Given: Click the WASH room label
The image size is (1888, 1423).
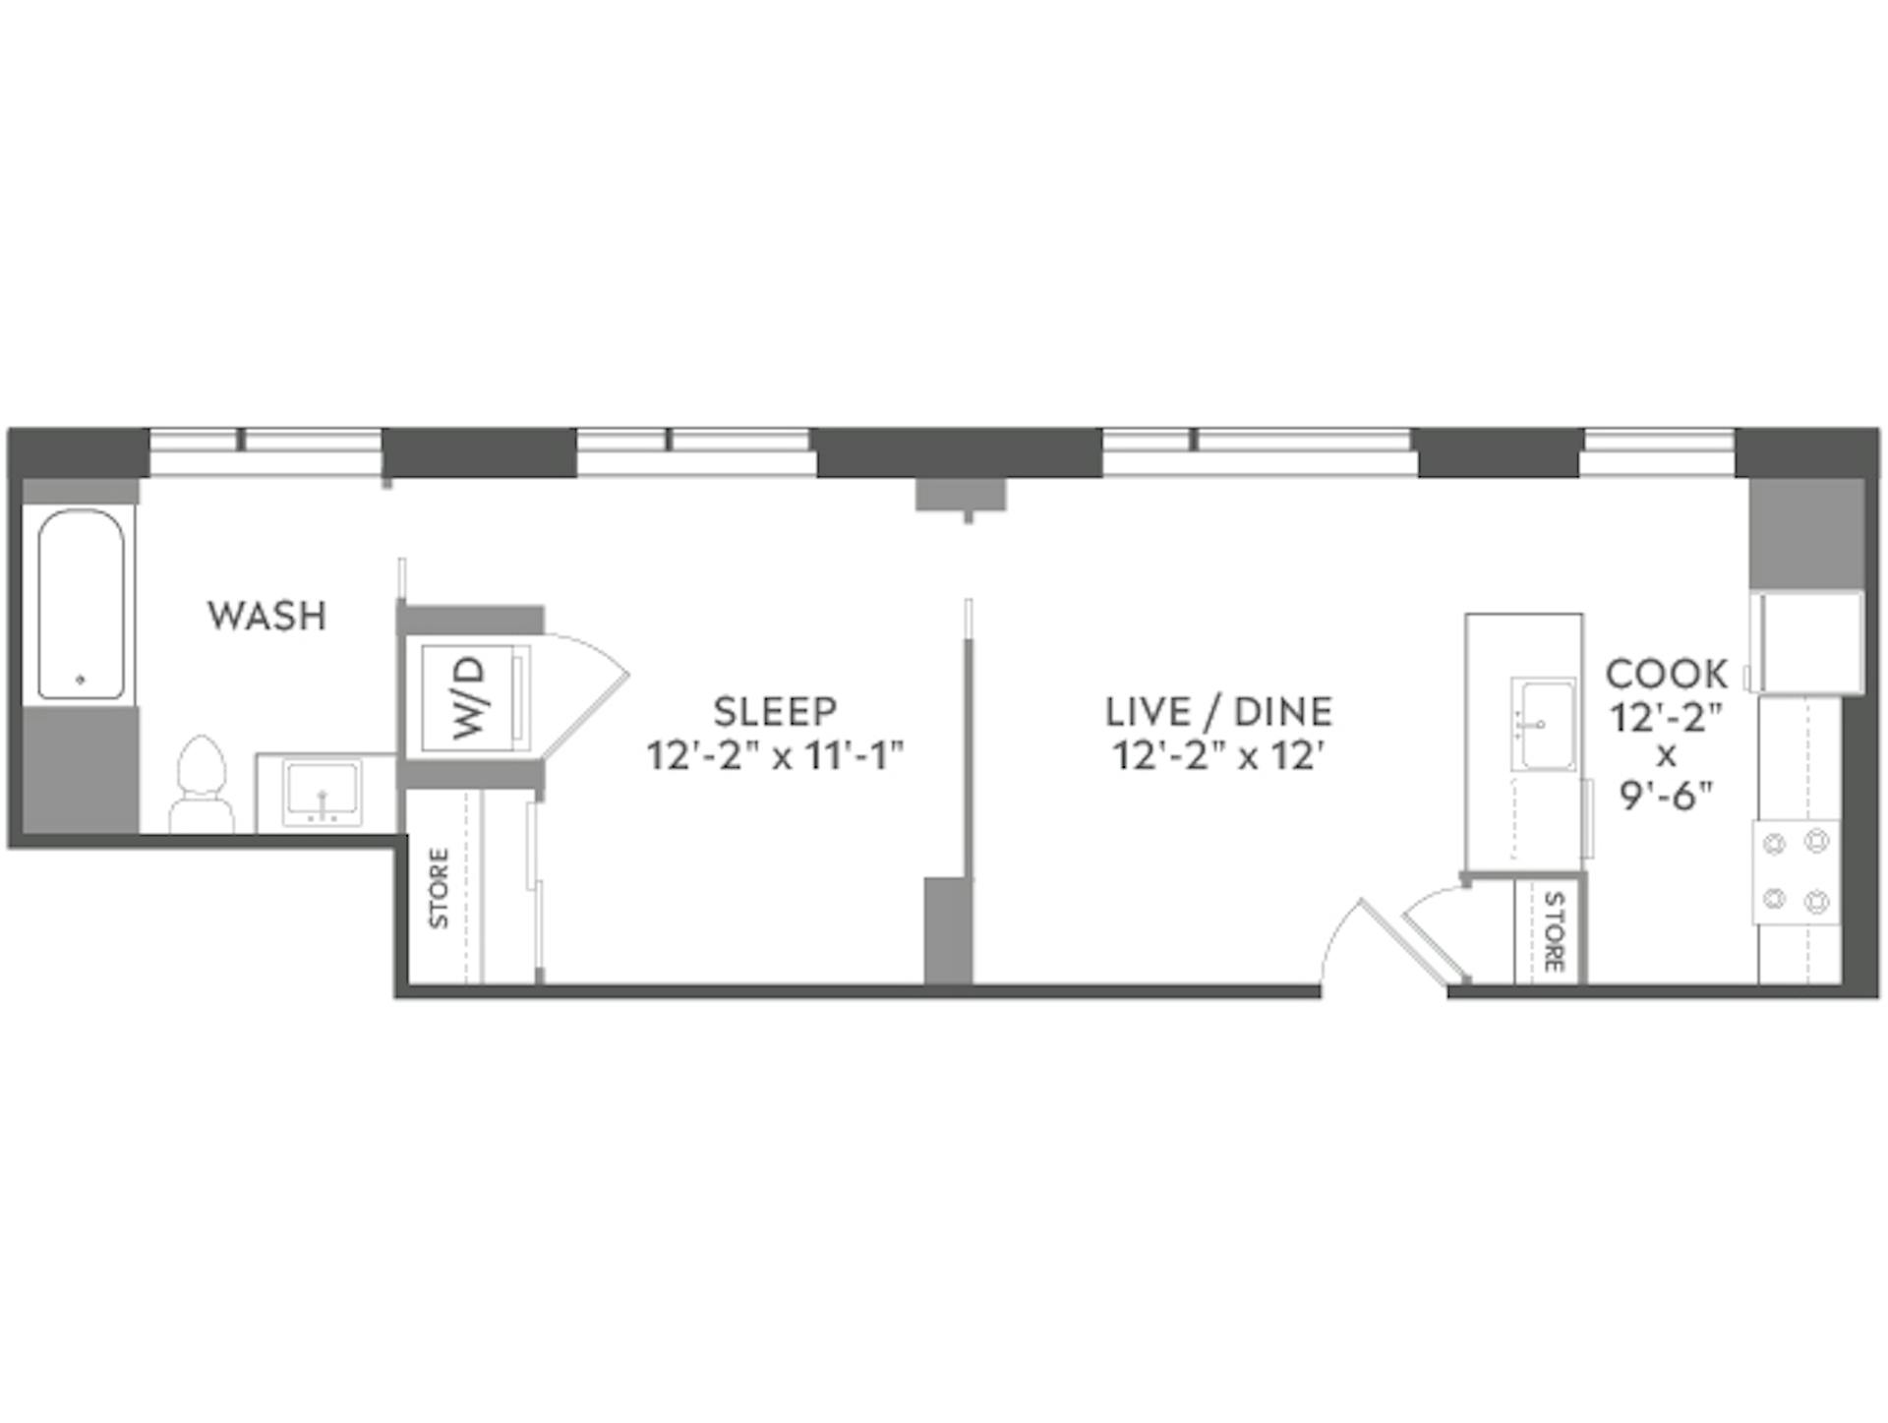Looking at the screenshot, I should pyautogui.click(x=266, y=616).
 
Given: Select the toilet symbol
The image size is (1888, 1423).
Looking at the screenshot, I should pyautogui.click(x=202, y=784).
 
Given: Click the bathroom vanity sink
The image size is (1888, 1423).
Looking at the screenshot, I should pyautogui.click(x=323, y=793).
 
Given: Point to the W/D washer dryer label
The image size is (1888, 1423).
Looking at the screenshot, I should pyautogui.click(x=470, y=698).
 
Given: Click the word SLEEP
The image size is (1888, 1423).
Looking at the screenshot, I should pyautogui.click(x=775, y=710).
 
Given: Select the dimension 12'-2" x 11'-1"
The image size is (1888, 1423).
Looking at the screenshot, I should pyautogui.click(x=775, y=756).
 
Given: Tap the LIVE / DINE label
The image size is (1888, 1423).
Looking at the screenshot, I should pyautogui.click(x=1218, y=710).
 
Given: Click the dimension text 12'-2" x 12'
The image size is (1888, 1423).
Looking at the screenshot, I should pyautogui.click(x=1218, y=756).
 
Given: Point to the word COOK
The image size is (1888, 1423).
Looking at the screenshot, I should pyautogui.click(x=1666, y=674).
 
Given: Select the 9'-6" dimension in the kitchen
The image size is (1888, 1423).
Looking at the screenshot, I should pyautogui.click(x=1666, y=796).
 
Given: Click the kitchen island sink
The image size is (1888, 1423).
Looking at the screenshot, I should pyautogui.click(x=1542, y=724).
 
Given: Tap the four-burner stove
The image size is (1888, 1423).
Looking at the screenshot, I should pyautogui.click(x=1796, y=871).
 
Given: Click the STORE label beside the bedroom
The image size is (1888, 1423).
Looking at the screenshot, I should pyautogui.click(x=439, y=888).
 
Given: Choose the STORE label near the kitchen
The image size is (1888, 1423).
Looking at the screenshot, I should pyautogui.click(x=1554, y=930).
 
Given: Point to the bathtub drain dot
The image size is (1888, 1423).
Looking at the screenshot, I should pyautogui.click(x=81, y=679).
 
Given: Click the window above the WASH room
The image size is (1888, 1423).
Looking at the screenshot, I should pyautogui.click(x=265, y=451).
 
